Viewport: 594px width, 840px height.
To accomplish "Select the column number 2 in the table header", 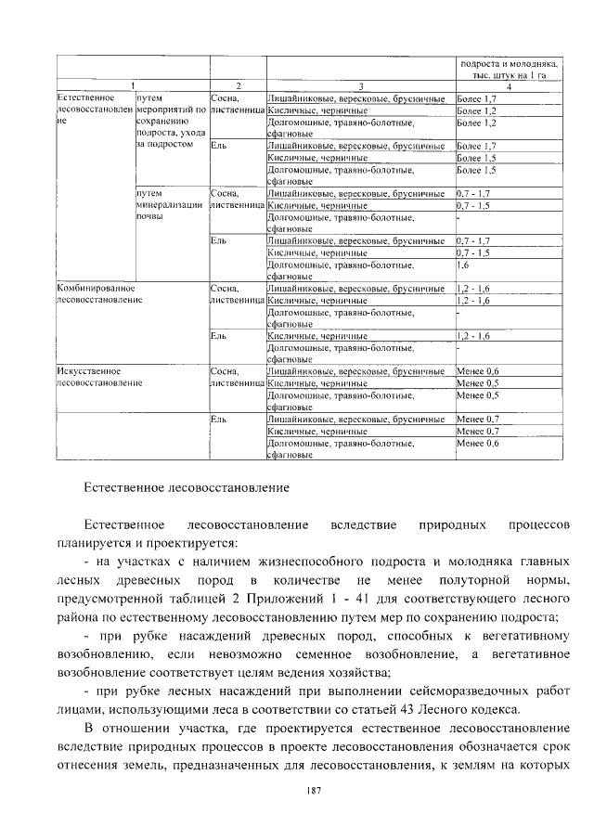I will click(x=238, y=85).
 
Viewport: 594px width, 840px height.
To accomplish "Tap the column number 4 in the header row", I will click(x=508, y=85).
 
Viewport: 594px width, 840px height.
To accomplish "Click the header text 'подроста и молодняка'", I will click(x=508, y=64).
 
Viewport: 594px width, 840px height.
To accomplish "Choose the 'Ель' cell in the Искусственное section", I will click(x=219, y=420).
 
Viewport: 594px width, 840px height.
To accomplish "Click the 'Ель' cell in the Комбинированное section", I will click(x=219, y=335).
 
